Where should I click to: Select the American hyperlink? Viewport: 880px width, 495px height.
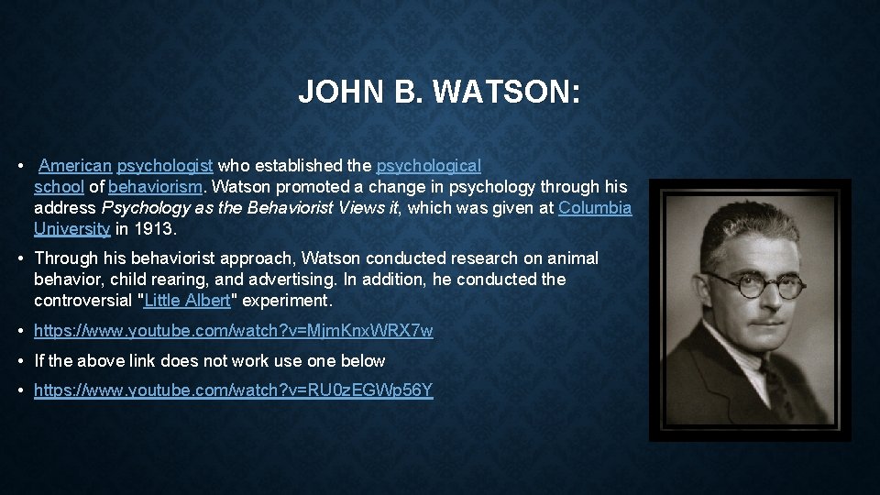(75, 166)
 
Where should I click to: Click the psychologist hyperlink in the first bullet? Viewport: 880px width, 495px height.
(165, 166)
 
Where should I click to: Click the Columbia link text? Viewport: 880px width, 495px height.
(595, 208)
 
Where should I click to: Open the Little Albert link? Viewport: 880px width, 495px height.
(187, 301)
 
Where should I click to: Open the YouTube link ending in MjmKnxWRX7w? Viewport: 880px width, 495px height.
(234, 331)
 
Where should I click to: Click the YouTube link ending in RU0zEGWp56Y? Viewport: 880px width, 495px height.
(234, 390)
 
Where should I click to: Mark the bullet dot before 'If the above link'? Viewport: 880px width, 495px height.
(21, 361)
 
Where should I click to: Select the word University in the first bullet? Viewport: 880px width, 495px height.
(71, 229)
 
